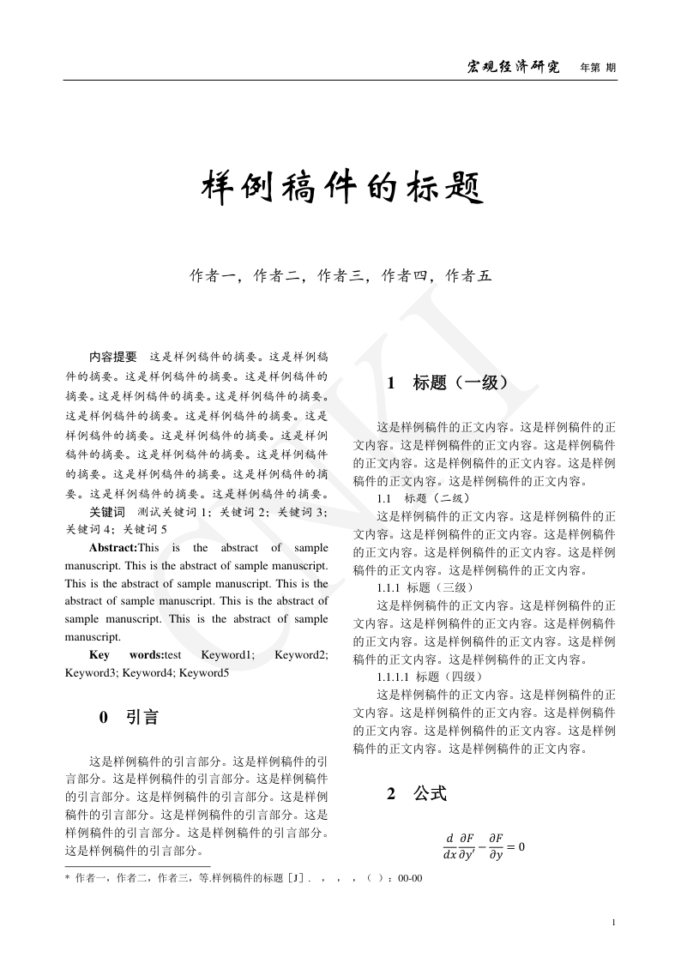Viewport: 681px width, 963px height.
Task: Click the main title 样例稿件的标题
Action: [x=341, y=188]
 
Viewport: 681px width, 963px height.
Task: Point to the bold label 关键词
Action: [x=107, y=512]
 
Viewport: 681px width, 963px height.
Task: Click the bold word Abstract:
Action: [x=113, y=547]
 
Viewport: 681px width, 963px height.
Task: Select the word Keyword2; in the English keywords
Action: [x=301, y=654]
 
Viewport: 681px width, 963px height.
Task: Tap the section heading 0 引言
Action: [x=130, y=717]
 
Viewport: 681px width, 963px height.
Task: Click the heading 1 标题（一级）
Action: [x=449, y=382]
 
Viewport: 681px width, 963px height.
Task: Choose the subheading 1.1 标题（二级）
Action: [x=423, y=498]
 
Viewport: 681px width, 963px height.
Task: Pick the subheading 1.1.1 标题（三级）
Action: [x=425, y=587]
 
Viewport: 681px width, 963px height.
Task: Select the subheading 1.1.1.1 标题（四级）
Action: [x=430, y=677]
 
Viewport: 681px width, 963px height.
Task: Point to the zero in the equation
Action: [x=520, y=846]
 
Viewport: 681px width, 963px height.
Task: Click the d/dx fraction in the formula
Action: [x=449, y=846]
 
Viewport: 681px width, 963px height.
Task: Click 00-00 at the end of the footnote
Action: [x=410, y=878]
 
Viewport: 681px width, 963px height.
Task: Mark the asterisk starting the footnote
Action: [x=68, y=878]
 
